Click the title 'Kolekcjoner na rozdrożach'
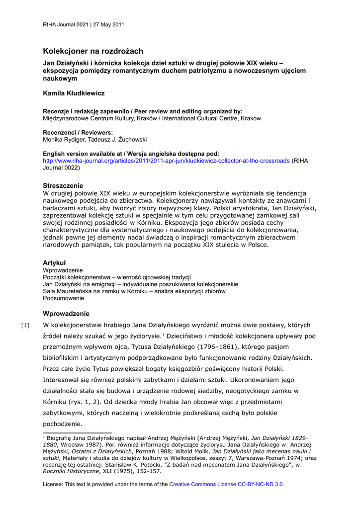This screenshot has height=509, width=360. (x=92, y=51)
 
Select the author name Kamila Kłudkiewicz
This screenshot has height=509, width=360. (x=74, y=93)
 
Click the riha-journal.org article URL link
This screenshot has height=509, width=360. (x=166, y=161)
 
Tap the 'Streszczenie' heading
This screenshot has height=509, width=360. (x=63, y=185)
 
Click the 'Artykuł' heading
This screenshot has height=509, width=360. (x=54, y=262)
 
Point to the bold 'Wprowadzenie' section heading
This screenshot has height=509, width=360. (x=66, y=314)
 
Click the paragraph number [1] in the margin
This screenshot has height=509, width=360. (x=25, y=326)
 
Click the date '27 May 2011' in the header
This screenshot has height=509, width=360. (x=109, y=24)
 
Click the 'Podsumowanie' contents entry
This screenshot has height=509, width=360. (x=63, y=298)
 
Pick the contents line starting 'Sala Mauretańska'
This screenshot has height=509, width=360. (x=134, y=291)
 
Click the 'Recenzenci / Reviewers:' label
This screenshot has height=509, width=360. (x=78, y=133)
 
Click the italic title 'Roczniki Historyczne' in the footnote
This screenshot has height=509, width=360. (x=71, y=471)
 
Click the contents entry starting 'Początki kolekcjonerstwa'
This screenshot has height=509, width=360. (x=117, y=277)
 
